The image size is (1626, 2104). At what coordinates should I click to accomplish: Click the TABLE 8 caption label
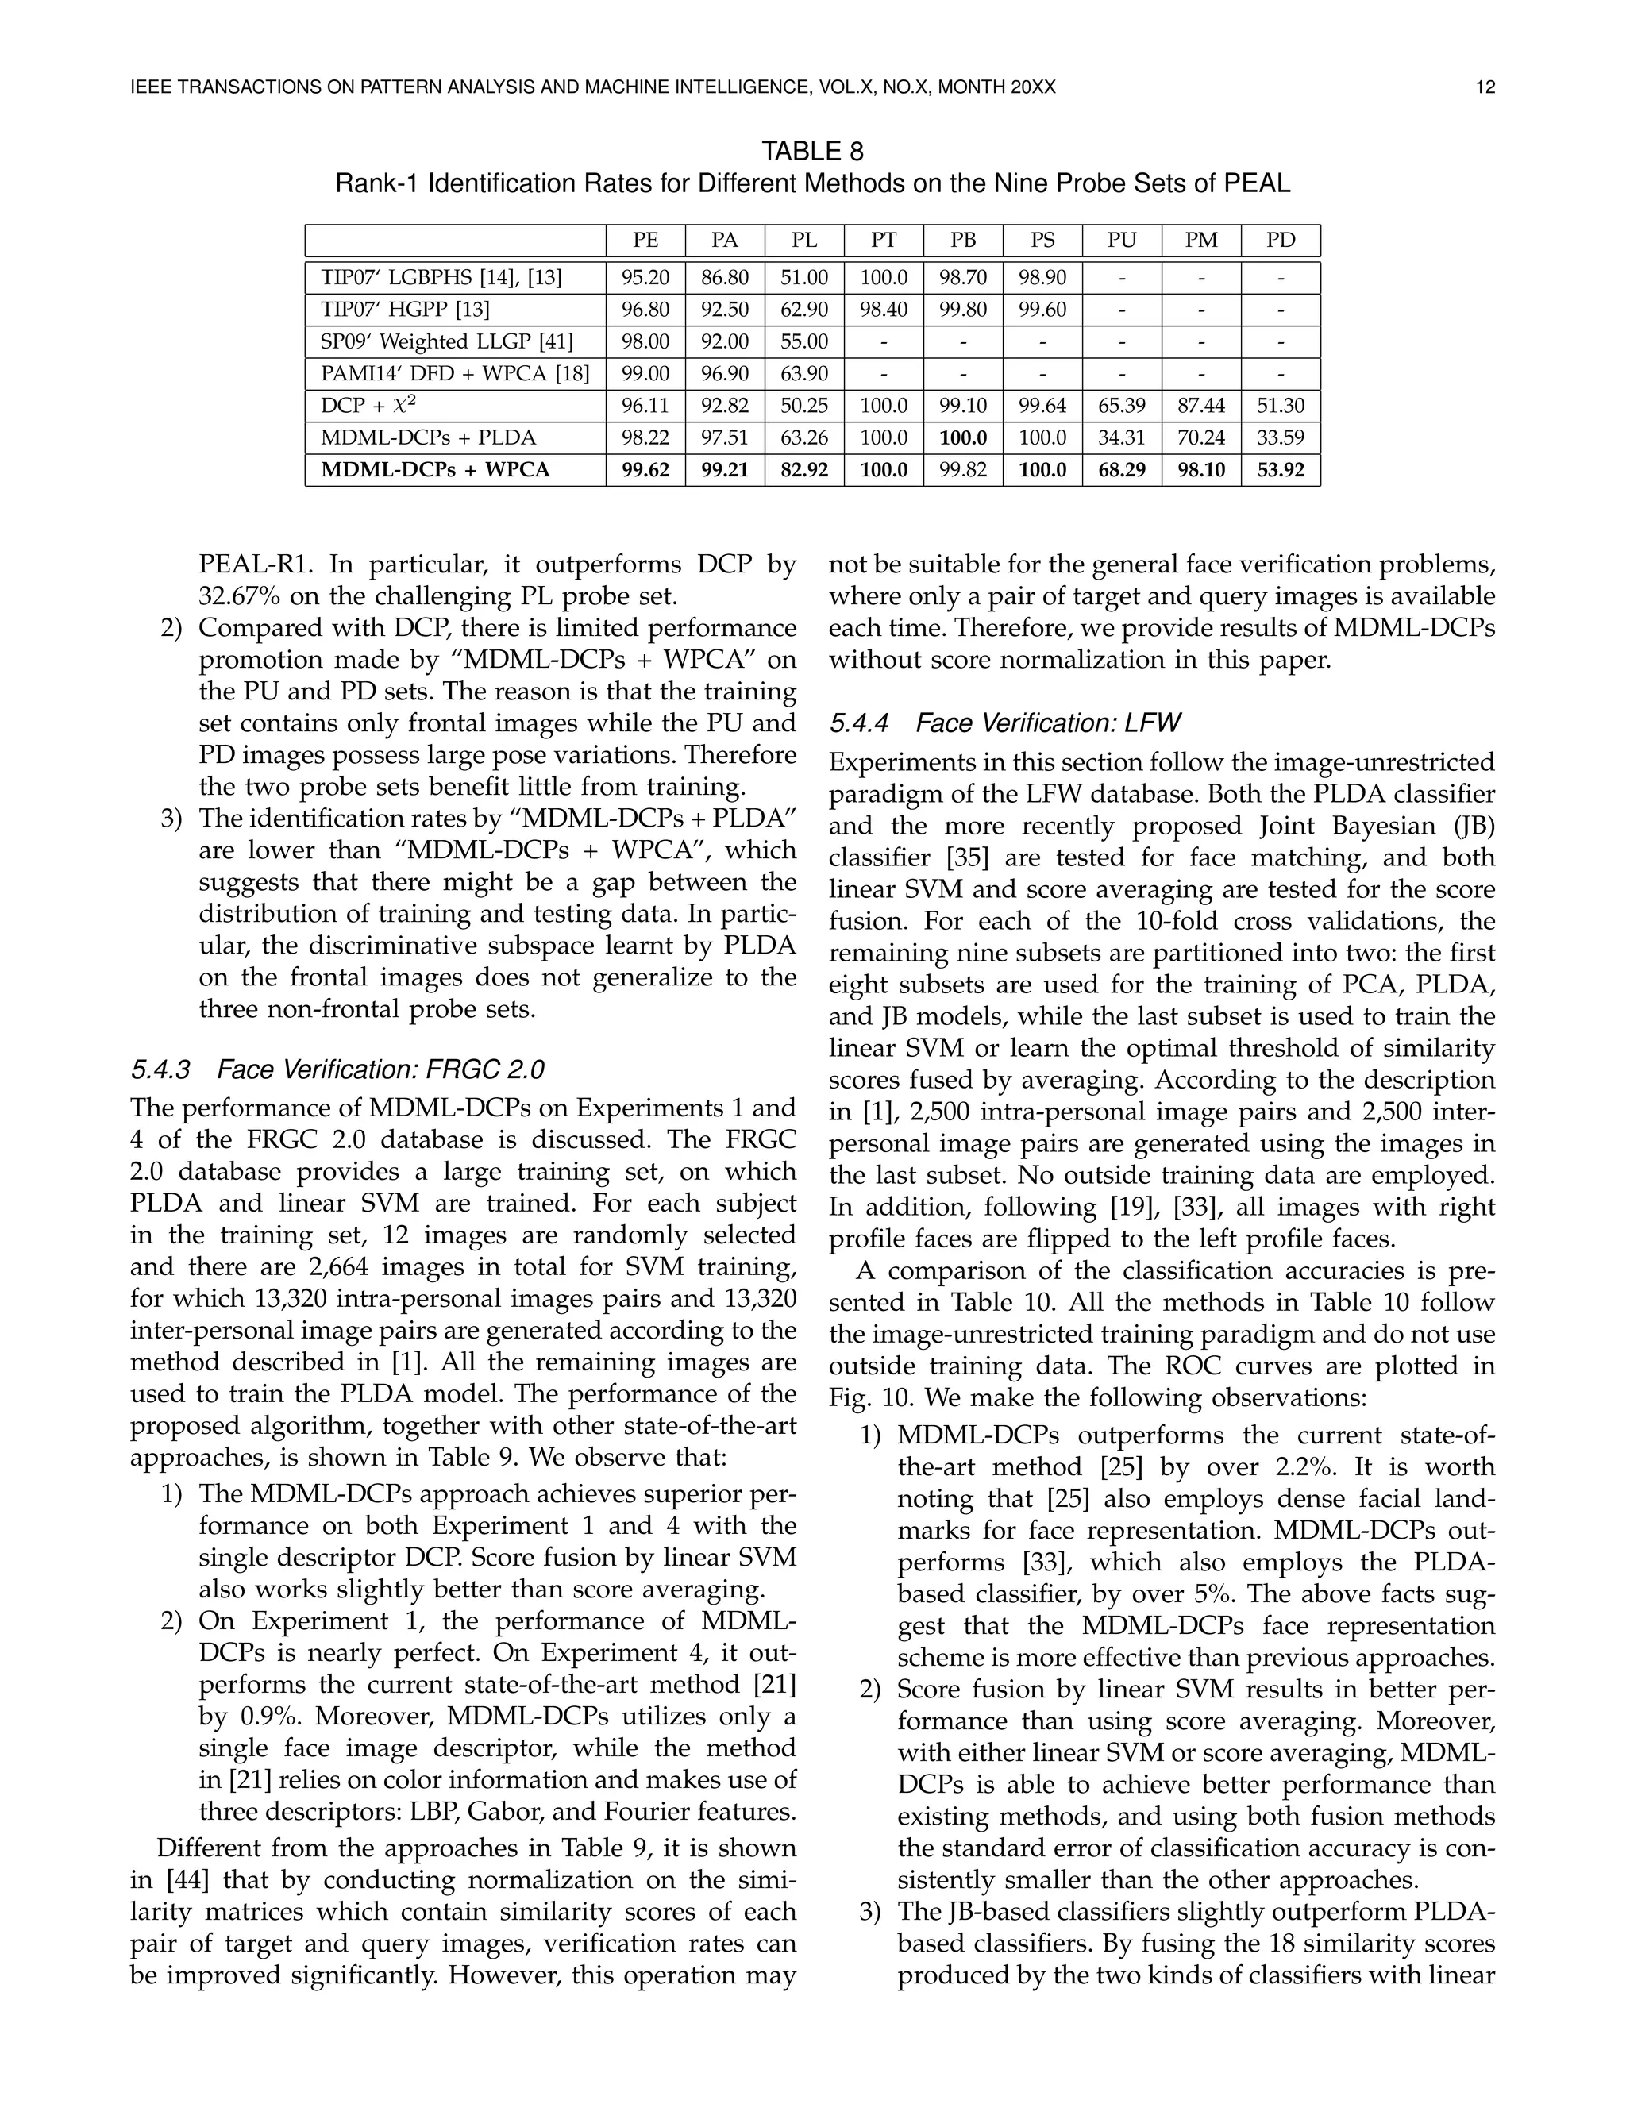tap(812, 151)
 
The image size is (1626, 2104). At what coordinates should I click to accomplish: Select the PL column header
tap(803, 241)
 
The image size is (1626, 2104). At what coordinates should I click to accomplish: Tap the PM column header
tap(1201, 241)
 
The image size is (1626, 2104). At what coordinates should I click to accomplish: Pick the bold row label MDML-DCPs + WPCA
tap(435, 470)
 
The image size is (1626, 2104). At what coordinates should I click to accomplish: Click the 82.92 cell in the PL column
tap(803, 470)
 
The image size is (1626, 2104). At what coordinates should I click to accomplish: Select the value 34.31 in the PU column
tap(1121, 438)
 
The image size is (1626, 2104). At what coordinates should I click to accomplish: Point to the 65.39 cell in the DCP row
tap(1121, 407)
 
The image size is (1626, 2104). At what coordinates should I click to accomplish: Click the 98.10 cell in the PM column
tap(1201, 470)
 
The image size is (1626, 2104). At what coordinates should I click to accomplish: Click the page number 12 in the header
tap(1485, 87)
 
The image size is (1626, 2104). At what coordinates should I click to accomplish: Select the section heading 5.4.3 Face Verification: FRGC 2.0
tap(337, 1070)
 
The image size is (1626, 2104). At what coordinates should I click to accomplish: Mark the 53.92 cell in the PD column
tap(1280, 470)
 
